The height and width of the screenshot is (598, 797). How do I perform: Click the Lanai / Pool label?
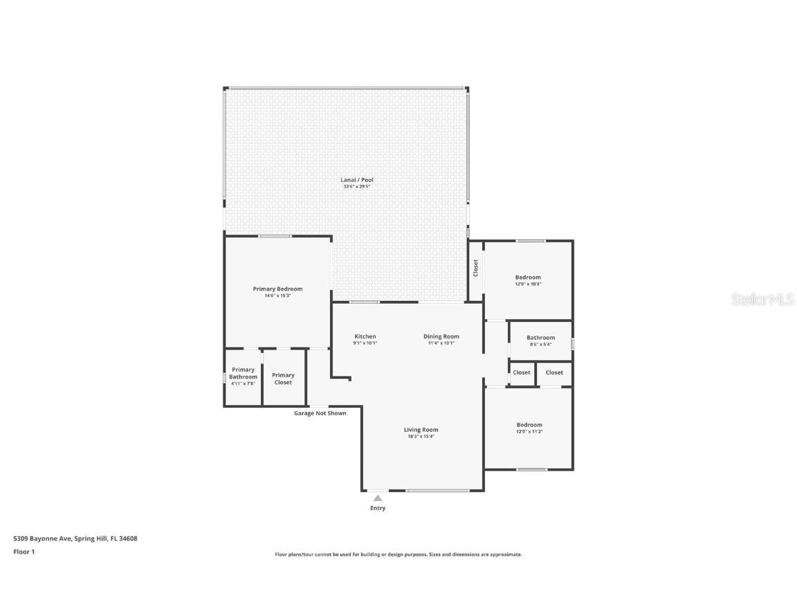pyautogui.click(x=358, y=180)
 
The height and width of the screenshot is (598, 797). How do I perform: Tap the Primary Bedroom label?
pyautogui.click(x=277, y=289)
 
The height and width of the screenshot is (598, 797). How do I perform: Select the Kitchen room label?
pyautogui.click(x=365, y=336)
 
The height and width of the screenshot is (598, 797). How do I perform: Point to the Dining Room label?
pyautogui.click(x=441, y=336)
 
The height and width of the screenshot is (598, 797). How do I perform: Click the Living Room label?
pyautogui.click(x=421, y=430)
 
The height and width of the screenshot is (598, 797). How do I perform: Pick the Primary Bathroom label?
pyautogui.click(x=244, y=374)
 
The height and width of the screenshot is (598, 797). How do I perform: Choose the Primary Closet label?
pyautogui.click(x=283, y=379)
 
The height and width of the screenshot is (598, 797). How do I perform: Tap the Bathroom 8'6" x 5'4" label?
pyautogui.click(x=540, y=341)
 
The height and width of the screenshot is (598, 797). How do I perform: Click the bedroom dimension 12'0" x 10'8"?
pyautogui.click(x=528, y=284)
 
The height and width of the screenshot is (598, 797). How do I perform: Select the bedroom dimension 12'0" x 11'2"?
pyautogui.click(x=529, y=432)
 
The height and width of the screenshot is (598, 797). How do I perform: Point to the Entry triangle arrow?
pyautogui.click(x=378, y=498)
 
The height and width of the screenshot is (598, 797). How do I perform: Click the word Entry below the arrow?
pyautogui.click(x=378, y=508)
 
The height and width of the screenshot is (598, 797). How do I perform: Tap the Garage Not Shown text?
pyautogui.click(x=320, y=413)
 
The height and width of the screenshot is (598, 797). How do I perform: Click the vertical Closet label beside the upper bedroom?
pyautogui.click(x=475, y=268)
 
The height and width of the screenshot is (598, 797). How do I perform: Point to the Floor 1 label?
pyautogui.click(x=24, y=552)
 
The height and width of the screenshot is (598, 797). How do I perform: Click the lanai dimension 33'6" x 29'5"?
pyautogui.click(x=358, y=187)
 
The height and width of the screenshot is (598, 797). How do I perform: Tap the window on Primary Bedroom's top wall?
pyautogui.click(x=275, y=237)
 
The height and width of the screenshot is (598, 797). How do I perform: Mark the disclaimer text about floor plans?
pyautogui.click(x=398, y=554)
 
